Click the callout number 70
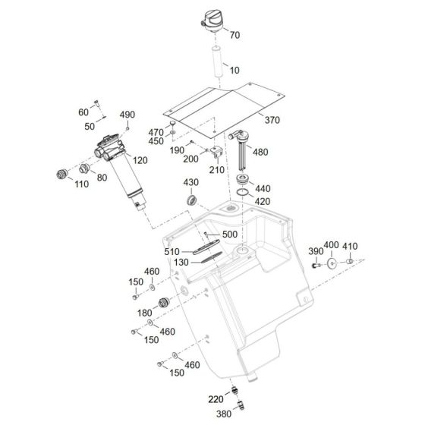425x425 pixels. click(234, 35)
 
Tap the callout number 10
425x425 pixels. click(234, 70)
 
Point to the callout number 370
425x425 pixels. click(272, 119)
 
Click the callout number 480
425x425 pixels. click(260, 152)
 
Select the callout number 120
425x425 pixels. click(139, 162)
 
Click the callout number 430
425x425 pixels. click(191, 184)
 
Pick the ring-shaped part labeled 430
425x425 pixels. click(193, 200)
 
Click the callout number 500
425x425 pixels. click(230, 235)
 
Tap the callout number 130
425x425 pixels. click(180, 262)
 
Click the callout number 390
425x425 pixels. click(315, 251)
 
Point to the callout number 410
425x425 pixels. click(349, 246)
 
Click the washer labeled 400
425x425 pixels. click(332, 264)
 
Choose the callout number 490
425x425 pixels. click(127, 115)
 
